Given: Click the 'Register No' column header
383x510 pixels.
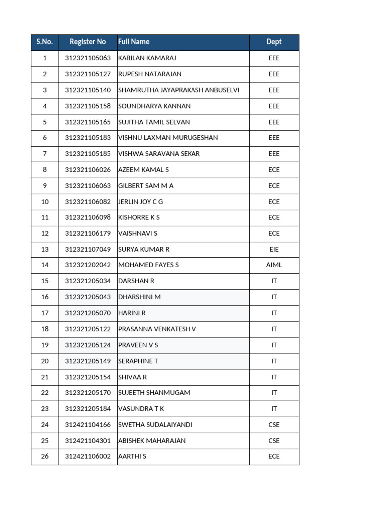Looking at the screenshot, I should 88,42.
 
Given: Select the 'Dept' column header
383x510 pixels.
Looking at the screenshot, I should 274,42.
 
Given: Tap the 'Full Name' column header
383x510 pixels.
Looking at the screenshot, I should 134,42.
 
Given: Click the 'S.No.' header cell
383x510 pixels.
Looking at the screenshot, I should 44,42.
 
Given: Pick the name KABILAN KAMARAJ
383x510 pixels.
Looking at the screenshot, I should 147,58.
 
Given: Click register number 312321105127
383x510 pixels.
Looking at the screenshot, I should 88,74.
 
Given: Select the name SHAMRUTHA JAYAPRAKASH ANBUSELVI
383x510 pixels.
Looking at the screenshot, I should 179,90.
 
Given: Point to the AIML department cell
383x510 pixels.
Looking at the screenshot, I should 274,265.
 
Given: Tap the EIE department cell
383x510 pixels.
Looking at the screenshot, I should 274,249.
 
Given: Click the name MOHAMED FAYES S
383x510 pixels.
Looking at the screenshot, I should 148,265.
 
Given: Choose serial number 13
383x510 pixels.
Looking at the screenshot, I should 45,249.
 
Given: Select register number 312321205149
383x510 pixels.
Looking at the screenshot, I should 88,361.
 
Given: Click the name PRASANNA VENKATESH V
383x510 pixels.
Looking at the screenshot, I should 157,329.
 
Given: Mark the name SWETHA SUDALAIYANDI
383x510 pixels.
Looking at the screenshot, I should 155,425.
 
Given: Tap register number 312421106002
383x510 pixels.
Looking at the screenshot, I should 88,456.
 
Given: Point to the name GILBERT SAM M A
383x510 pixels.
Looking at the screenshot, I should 146,186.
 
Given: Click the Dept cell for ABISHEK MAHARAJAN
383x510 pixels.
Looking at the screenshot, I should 274,441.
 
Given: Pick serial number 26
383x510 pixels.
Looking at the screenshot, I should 45,456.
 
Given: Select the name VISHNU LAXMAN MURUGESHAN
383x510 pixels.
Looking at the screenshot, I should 168,138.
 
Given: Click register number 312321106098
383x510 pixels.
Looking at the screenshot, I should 88,218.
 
